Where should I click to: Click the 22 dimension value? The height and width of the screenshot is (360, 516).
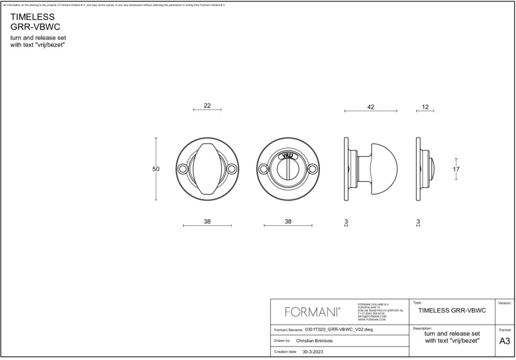pyautogui.click(x=207, y=105)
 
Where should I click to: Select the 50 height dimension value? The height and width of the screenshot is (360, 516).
pyautogui.click(x=156, y=169)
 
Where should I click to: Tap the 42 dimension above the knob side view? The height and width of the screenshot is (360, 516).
pyautogui.click(x=370, y=107)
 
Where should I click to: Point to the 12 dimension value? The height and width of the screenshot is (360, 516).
pyautogui.click(x=425, y=107)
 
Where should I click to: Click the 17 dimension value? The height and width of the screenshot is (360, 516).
pyautogui.click(x=456, y=169)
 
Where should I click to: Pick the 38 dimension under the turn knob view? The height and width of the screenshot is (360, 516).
pyautogui.click(x=207, y=222)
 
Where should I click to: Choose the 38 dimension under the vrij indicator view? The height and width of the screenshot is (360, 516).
pyautogui.click(x=288, y=222)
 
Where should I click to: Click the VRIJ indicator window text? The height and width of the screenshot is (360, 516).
pyautogui.click(x=288, y=156)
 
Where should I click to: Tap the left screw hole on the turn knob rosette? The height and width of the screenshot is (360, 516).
pyautogui.click(x=182, y=169)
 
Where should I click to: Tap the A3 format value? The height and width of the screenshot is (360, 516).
pyautogui.click(x=504, y=341)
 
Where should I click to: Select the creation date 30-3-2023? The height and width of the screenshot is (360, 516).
pyautogui.click(x=312, y=352)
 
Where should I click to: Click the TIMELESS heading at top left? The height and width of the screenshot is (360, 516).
pyautogui.click(x=33, y=17)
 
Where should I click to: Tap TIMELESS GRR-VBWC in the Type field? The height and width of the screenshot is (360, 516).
pyautogui.click(x=452, y=310)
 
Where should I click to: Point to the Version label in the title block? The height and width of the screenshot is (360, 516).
pyautogui.click(x=504, y=303)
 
